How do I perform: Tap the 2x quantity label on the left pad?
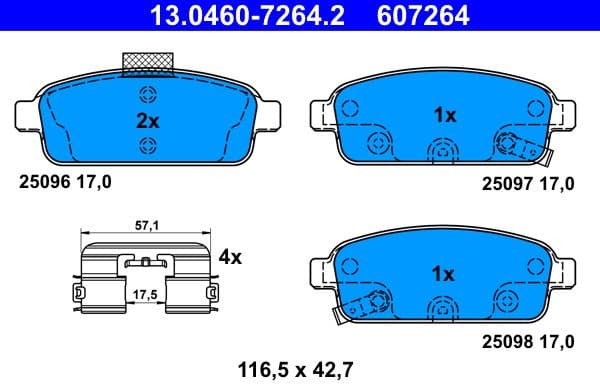[x=148, y=121]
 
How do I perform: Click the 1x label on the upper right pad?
[x=444, y=115]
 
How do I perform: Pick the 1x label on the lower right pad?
[x=444, y=273]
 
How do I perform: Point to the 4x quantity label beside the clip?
[x=230, y=257]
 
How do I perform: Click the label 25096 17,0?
[x=66, y=182]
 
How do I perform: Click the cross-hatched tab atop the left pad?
[x=148, y=64]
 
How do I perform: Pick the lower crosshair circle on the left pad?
[x=148, y=147]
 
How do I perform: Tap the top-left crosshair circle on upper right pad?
[x=349, y=104]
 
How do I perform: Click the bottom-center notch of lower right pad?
[x=441, y=309]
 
